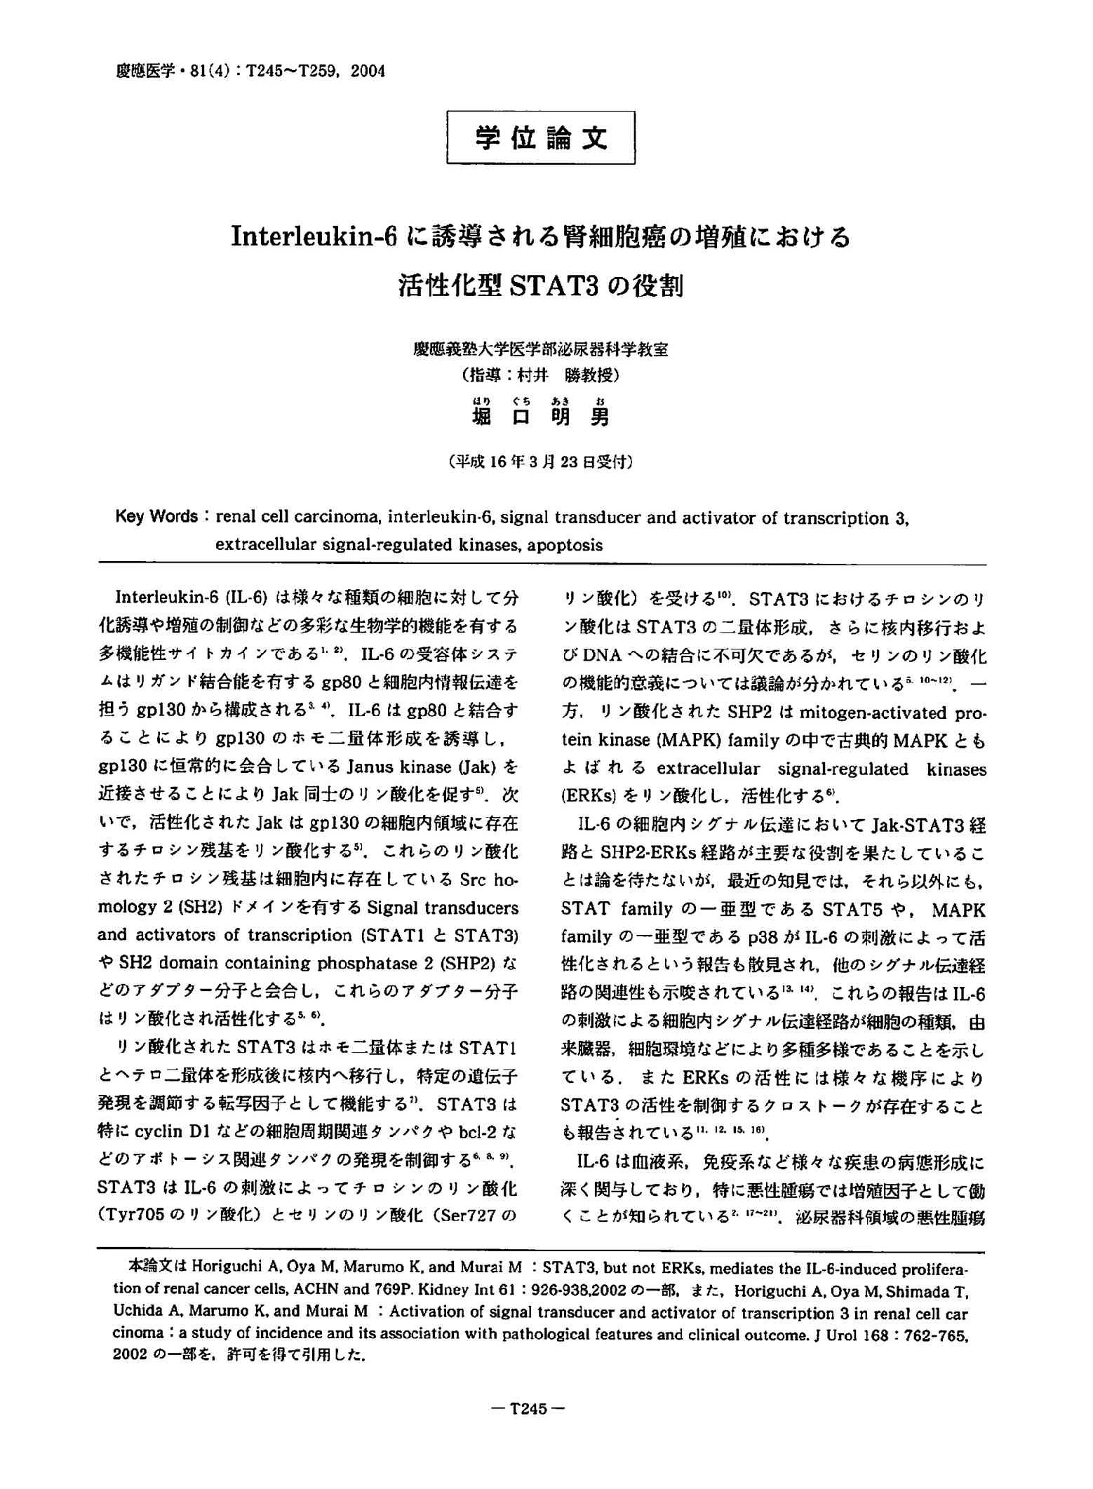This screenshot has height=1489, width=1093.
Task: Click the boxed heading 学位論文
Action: (540, 137)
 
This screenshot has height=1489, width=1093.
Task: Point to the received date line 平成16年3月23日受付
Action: (540, 461)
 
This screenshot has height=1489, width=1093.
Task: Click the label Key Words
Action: (156, 517)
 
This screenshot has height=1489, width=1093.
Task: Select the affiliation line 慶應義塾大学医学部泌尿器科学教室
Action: (540, 349)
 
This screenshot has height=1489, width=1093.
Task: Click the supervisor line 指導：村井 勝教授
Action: (540, 375)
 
